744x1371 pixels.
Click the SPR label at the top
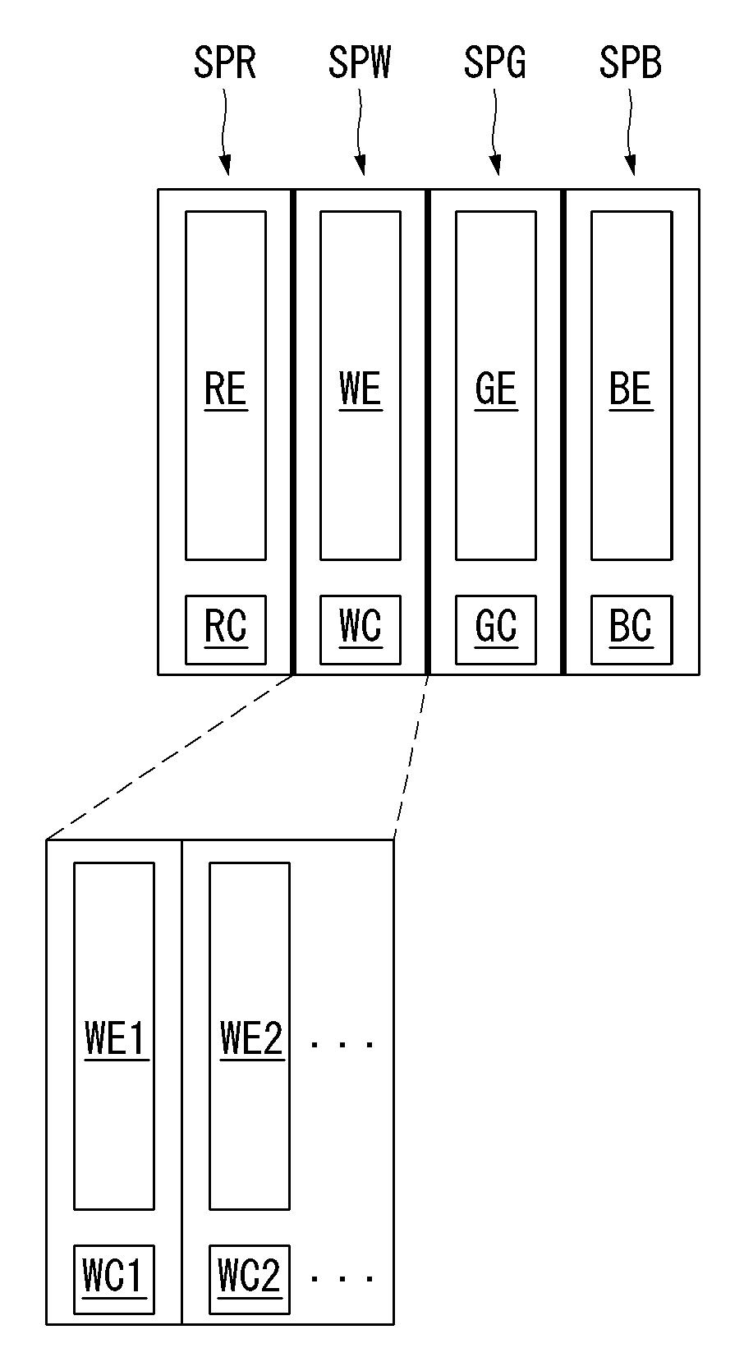pos(224,62)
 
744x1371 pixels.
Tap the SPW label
pos(360,62)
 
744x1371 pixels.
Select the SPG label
pos(495,62)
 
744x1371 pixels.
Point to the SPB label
pos(630,62)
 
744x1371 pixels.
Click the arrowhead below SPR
pos(226,166)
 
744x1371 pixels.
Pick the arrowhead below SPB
pos(631,166)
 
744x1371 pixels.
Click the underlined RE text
pos(226,389)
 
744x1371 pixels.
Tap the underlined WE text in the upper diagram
pos(361,389)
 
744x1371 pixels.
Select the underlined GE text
pos(496,389)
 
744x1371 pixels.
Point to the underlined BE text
pos(631,389)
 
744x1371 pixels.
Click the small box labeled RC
pos(226,630)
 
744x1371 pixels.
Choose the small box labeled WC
pos(361,630)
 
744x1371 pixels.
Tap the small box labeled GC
pos(496,630)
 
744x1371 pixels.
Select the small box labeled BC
pos(631,630)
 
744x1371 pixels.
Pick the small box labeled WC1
pos(114,1279)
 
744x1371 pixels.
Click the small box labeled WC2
pos(250,1279)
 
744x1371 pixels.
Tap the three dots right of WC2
pos(342,1278)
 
